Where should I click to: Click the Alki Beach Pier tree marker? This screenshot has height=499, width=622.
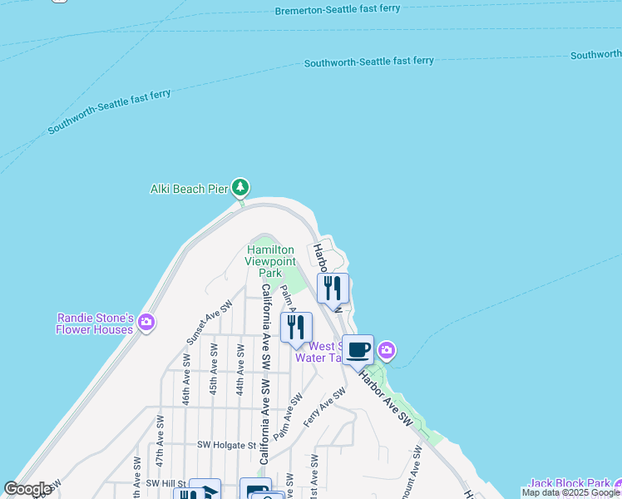(x=240, y=187)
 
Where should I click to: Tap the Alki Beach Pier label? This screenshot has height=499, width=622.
(x=189, y=190)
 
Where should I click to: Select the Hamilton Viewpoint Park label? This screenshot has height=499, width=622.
(x=269, y=261)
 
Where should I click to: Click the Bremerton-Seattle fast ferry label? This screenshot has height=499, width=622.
(x=338, y=10)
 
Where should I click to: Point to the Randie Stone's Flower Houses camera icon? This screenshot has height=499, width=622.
(x=146, y=323)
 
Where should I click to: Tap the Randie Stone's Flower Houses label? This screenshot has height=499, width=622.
(x=94, y=324)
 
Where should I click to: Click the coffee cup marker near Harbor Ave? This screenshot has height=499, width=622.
(x=358, y=350)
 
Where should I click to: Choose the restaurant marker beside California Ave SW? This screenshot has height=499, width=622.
(x=296, y=328)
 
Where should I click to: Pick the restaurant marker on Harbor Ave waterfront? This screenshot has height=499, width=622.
(x=333, y=289)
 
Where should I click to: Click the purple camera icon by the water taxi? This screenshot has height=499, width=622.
(x=386, y=351)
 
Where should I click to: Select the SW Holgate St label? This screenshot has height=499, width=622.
(x=226, y=445)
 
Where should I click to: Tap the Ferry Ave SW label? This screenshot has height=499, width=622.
(x=323, y=408)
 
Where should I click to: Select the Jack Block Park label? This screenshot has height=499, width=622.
(x=568, y=483)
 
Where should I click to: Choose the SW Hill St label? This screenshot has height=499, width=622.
(x=164, y=483)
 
